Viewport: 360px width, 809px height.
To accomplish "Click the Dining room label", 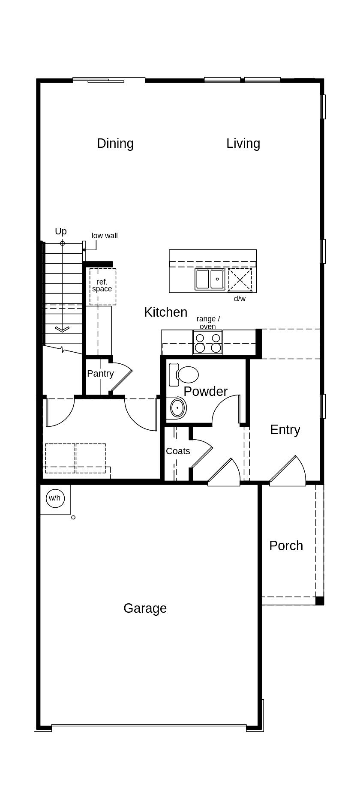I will coord(115,143).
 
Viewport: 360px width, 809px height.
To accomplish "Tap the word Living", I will coord(243,143).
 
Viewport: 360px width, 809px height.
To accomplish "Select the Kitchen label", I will coord(165,312).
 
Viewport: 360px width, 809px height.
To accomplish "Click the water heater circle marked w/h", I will coord(54,498).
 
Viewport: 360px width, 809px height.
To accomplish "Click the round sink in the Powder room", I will coord(177,408).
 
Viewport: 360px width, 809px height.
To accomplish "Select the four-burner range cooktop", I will coord(208,342).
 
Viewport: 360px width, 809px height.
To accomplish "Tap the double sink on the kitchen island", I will coord(210,279).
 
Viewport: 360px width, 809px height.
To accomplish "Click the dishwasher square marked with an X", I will coord(240,280).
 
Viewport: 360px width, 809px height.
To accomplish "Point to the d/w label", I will coord(240,299).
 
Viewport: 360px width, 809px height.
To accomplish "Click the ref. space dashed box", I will coord(102,286).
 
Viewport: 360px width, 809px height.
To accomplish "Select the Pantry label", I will coord(100,373).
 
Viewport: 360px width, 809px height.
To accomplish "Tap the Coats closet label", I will coord(178,451).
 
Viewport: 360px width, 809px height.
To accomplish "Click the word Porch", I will coord(286,545).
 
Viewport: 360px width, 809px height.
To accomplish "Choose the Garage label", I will coord(145,608).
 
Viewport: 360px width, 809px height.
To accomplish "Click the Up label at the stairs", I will coord(61,231).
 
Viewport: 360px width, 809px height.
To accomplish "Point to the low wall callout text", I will coord(105,236).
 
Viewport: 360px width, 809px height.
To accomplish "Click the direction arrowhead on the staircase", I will coord(62,329).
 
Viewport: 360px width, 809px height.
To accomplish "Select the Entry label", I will coord(285,429).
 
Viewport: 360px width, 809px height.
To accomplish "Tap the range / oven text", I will coord(208,323).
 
